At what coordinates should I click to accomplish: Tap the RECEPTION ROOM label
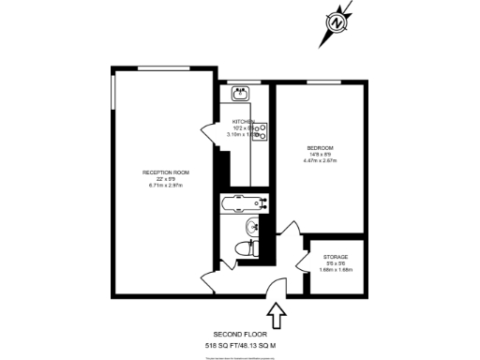[166, 172]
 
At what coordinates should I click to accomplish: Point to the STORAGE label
[336, 257]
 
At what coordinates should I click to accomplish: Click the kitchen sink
[242, 93]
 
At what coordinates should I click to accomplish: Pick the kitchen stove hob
[262, 132]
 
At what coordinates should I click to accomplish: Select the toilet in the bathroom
[246, 249]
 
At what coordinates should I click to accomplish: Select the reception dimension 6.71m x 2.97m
[166, 185]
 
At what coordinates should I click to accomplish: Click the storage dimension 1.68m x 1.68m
[336, 270]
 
